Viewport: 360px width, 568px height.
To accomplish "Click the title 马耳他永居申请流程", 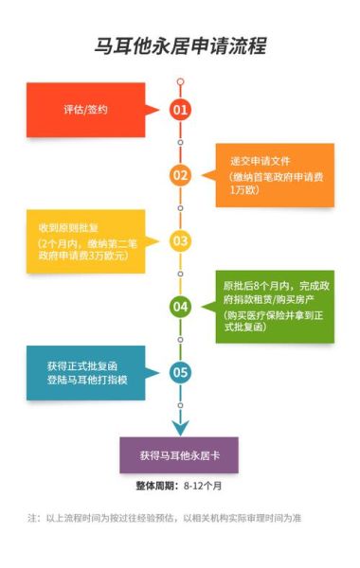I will click(180, 45).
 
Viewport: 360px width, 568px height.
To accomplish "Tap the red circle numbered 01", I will click(180, 110).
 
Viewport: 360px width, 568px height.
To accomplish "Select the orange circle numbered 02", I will click(180, 175).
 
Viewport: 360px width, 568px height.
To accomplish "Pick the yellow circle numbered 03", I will click(180, 240).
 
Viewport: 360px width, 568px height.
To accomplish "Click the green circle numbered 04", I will click(180, 307).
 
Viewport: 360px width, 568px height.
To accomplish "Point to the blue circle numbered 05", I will click(180, 372).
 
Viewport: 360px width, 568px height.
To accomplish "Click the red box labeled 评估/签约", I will click(85, 110).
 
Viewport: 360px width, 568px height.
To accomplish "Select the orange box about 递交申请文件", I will click(275, 175).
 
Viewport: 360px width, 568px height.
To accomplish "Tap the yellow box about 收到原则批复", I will click(85, 240).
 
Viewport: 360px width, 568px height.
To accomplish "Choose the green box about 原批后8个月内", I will click(275, 306).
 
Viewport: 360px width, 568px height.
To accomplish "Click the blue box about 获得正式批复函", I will click(85, 372).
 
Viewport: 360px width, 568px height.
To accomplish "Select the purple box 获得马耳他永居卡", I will click(179, 455).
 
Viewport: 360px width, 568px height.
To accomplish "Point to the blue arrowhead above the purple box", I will click(180, 427).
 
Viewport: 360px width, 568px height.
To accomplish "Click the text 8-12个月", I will click(203, 487).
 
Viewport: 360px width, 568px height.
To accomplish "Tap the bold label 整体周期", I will click(158, 487).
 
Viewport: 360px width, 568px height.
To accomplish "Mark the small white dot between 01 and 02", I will click(180, 143).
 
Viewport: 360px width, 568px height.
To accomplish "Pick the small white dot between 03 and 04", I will click(180, 274).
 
